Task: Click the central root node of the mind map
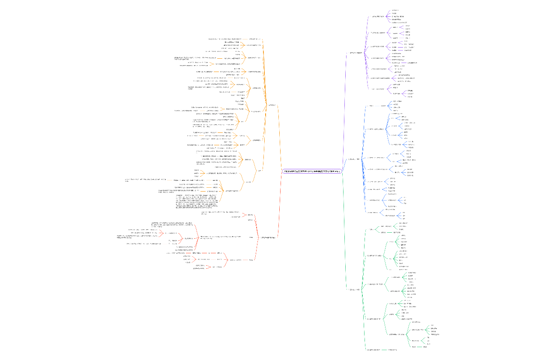point(311,171)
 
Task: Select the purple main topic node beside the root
point(356,53)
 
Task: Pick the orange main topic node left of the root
point(271,105)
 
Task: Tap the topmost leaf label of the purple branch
point(395,10)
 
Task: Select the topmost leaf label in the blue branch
point(397,102)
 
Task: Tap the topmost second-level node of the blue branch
point(371,105)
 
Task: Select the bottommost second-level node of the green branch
point(374,350)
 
